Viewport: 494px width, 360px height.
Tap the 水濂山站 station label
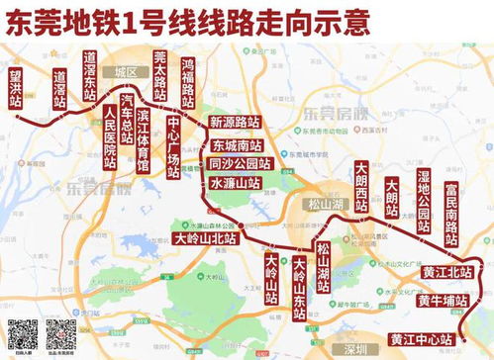[x=235, y=183]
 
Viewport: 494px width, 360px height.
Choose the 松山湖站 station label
[x=323, y=266]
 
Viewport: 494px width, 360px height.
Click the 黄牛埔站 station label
[x=441, y=300]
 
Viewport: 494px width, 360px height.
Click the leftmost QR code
[x=23, y=334]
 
